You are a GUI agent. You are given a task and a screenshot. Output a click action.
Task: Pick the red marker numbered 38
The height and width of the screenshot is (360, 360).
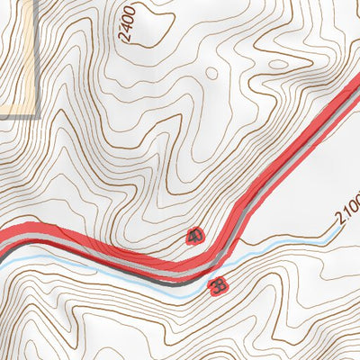(x=217, y=287)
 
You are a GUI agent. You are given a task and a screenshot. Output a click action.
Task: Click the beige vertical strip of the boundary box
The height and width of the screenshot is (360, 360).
(x=36, y=54)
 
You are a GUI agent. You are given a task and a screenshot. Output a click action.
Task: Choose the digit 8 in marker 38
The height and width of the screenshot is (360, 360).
(x=220, y=287)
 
